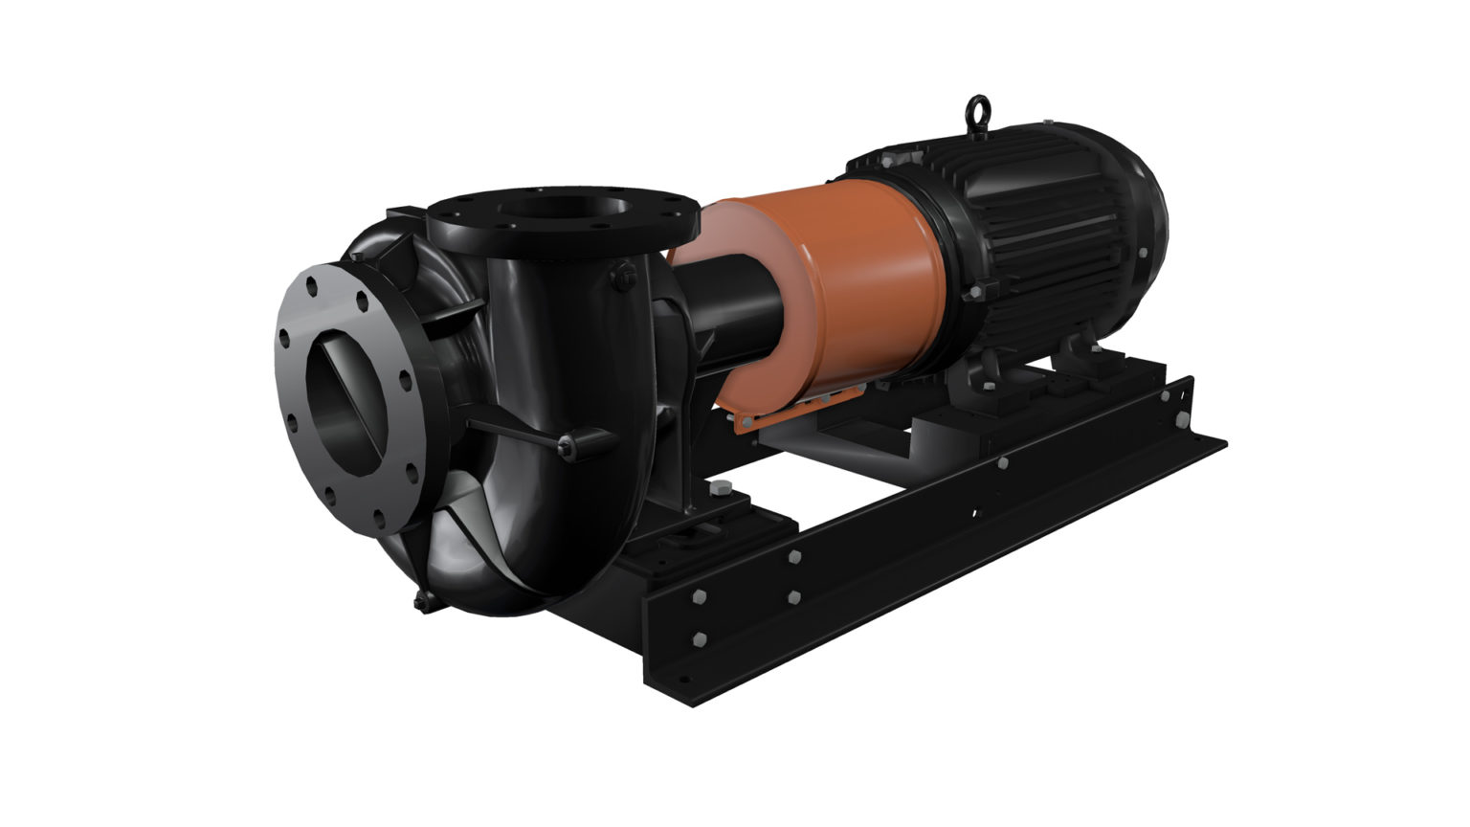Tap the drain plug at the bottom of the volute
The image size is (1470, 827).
click(421, 599)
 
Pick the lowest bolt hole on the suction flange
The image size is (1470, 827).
click(380, 522)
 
